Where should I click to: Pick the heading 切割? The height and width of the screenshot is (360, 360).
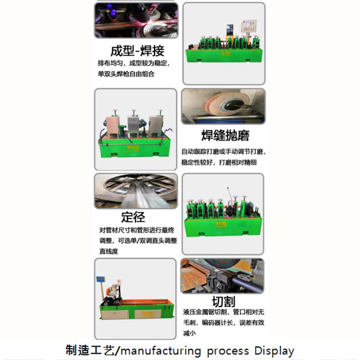(x=223, y=302)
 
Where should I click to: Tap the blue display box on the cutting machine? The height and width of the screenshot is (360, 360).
(x=101, y=279)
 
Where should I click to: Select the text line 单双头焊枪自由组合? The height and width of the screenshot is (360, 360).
(x=126, y=75)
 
